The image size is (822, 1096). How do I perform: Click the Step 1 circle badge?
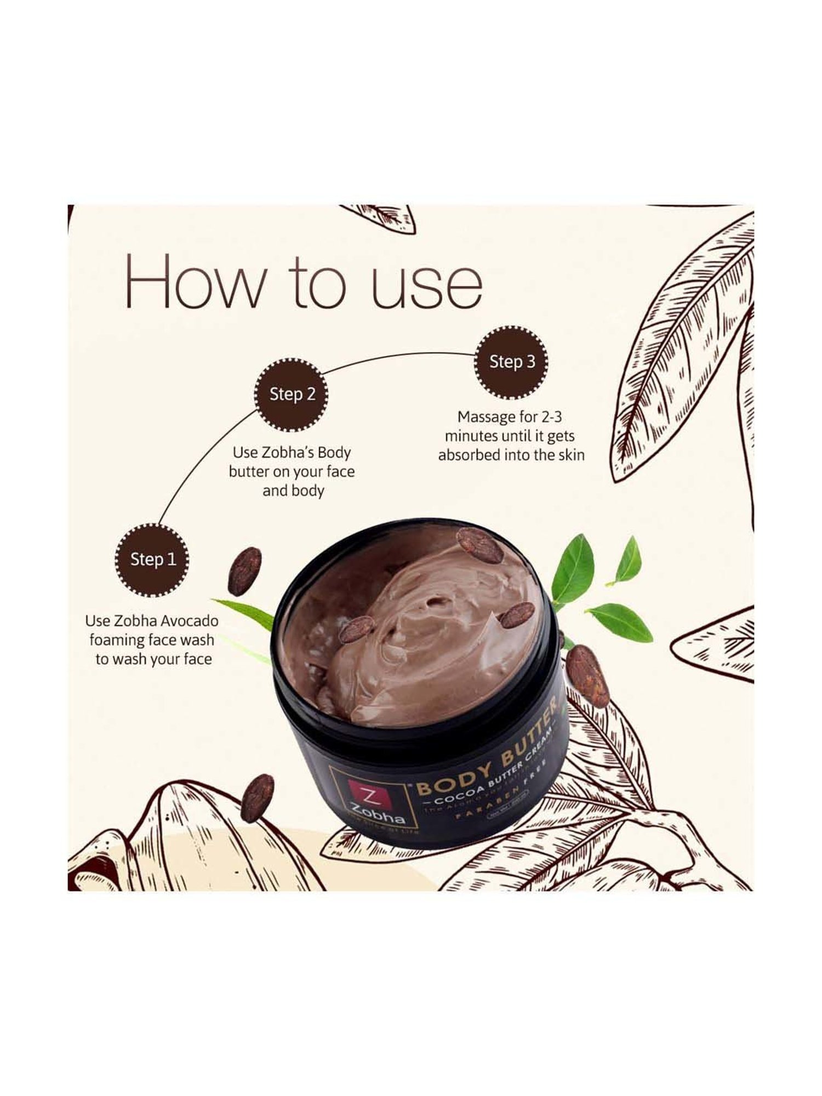[153, 560]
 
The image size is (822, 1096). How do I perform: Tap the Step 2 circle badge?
[292, 394]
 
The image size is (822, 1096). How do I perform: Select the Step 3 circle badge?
[512, 362]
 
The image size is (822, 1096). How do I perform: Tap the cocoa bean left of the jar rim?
[244, 572]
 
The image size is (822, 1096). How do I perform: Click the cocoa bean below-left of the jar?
[257, 798]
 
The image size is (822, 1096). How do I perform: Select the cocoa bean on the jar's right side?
[588, 675]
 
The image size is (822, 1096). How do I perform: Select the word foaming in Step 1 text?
[117, 640]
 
